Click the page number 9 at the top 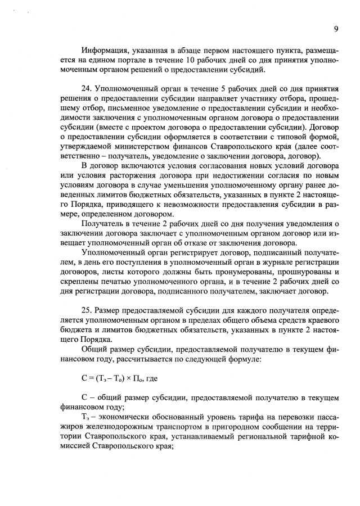pyautogui.click(x=335, y=29)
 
